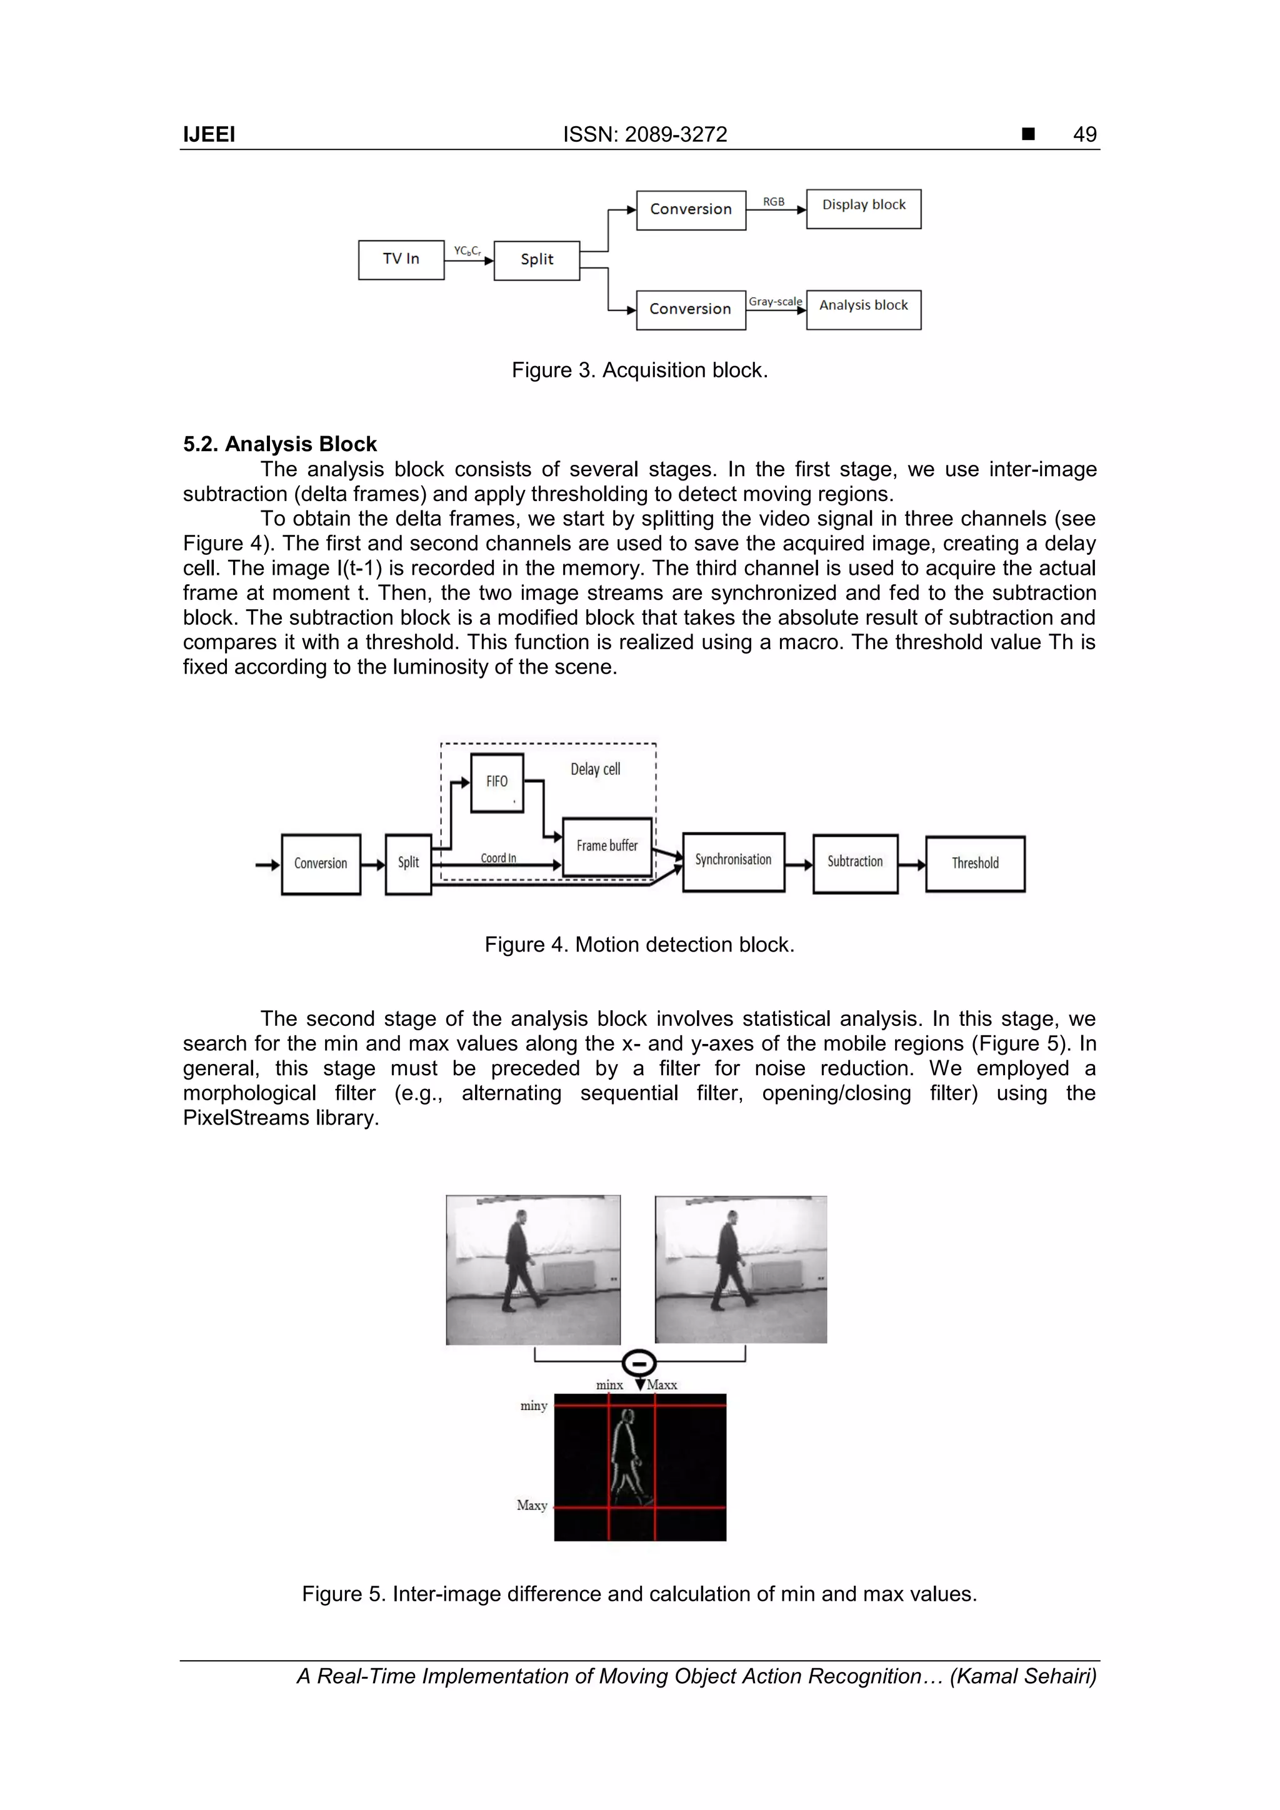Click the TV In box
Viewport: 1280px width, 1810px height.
[x=401, y=259]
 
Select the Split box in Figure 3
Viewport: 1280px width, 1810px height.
[x=536, y=260]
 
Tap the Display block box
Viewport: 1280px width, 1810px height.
[x=864, y=208]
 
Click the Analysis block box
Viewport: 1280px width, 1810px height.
[x=864, y=309]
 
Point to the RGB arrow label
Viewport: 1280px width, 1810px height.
[x=774, y=202]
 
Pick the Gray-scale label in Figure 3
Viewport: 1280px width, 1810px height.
[x=774, y=301]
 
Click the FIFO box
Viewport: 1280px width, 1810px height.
[x=497, y=782]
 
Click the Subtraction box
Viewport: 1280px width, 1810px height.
[x=855, y=862]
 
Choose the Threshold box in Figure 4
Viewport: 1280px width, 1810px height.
[x=975, y=864]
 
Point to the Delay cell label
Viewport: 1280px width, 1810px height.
[x=596, y=769]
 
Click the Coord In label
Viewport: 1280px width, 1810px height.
[x=498, y=858]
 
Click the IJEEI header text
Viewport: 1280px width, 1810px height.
[x=209, y=135]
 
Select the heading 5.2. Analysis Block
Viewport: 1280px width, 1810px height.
[x=280, y=444]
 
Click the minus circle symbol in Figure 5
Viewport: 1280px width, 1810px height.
[x=639, y=1362]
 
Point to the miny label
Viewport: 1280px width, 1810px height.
[x=534, y=1406]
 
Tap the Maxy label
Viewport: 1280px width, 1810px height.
[x=532, y=1505]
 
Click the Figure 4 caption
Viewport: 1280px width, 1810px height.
[x=639, y=945]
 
